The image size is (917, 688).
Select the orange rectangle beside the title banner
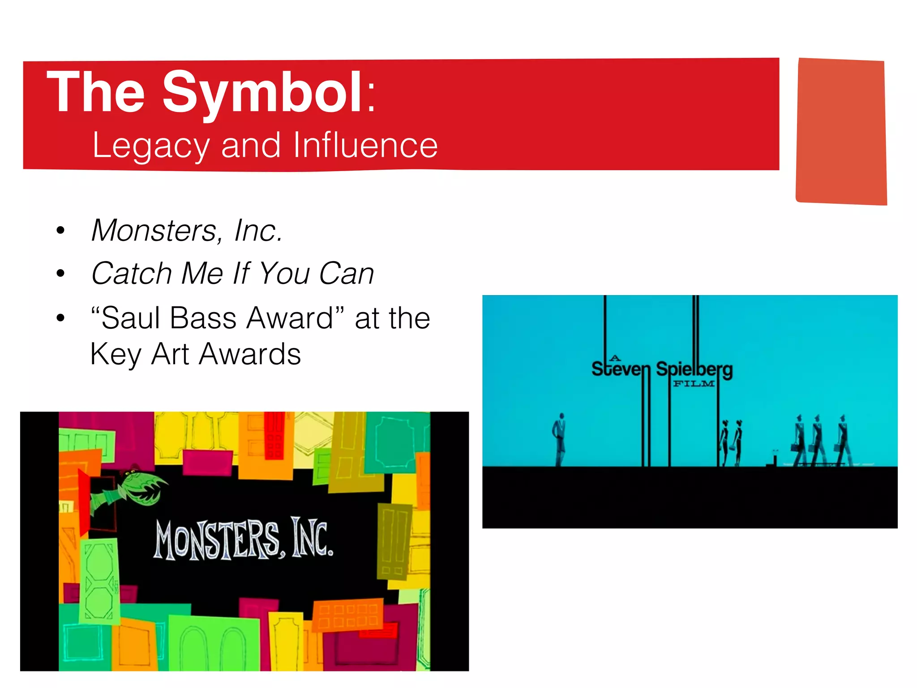coord(841,131)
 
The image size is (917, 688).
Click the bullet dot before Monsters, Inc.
coord(60,231)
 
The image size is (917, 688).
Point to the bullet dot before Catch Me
coord(60,274)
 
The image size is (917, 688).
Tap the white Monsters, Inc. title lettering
coord(244,540)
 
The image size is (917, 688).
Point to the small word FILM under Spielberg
coord(694,384)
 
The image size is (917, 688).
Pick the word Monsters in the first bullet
coord(154,231)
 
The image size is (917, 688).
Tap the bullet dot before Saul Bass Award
coord(60,318)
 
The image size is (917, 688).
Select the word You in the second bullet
coord(285,274)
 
